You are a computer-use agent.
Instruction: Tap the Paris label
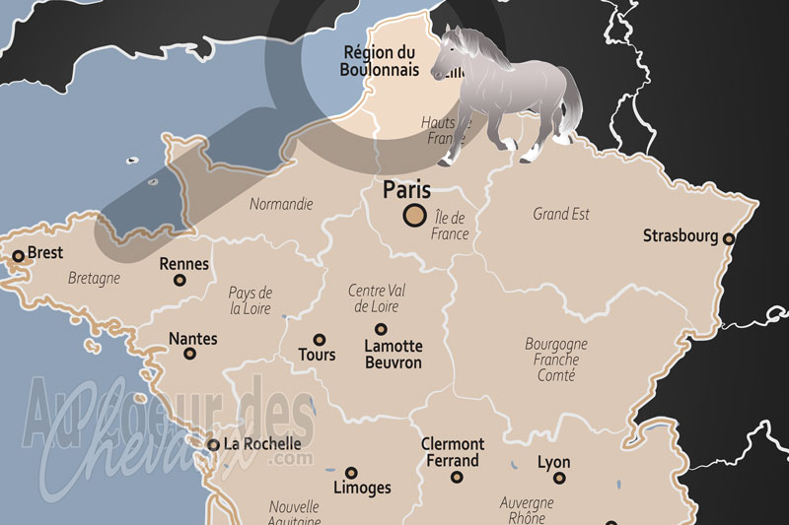click(407, 189)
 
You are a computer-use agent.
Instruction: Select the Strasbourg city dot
click(729, 238)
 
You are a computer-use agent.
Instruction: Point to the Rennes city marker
click(179, 281)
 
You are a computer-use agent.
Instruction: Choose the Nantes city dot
click(189, 354)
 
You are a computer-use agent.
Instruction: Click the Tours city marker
click(320, 339)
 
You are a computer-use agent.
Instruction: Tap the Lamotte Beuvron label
click(393, 355)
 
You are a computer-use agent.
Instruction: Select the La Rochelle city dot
click(213, 445)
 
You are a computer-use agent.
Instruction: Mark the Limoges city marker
click(351, 473)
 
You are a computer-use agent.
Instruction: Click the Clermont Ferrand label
click(453, 452)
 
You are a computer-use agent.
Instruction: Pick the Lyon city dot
click(559, 478)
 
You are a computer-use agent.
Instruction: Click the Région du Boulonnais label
click(380, 61)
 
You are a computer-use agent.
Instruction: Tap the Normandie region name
click(281, 205)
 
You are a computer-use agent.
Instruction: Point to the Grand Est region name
click(561, 214)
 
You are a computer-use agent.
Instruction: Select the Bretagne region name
click(94, 279)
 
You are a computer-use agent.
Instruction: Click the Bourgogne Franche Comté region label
click(556, 360)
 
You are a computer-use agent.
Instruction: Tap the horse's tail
click(569, 108)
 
